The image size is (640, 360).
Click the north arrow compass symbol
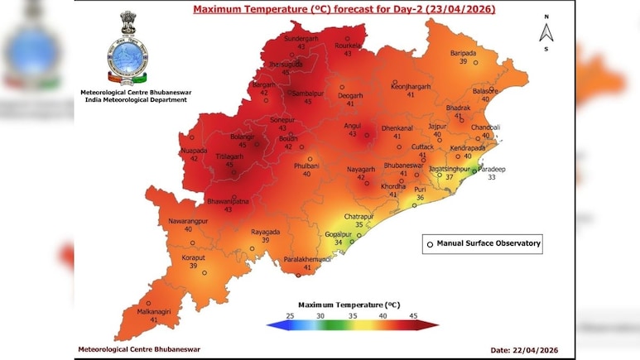pos(546,31)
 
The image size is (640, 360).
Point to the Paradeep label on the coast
pos(491,169)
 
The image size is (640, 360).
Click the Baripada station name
pos(463,52)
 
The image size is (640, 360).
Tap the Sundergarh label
pos(301,39)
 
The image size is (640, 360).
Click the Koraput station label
pos(193,257)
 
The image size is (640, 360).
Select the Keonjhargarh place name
pos(412,85)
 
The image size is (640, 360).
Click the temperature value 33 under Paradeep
pos(491,177)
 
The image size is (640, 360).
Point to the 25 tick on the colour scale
pos(289,315)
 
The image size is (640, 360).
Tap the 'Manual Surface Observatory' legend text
pos(488,243)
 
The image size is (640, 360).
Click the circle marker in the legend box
pos(430,244)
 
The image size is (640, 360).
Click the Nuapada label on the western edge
pos(194,150)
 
